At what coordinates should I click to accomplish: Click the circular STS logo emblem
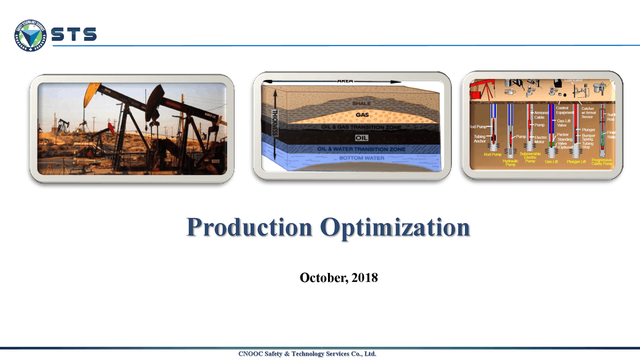tap(30, 35)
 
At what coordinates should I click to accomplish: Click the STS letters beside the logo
tap(74, 34)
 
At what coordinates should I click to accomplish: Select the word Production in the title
tap(249, 227)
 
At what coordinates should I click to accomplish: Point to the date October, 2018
tap(338, 277)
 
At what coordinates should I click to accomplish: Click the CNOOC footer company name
tap(307, 354)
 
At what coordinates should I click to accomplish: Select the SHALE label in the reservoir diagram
tap(361, 103)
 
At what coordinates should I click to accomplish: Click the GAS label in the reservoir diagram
tap(362, 115)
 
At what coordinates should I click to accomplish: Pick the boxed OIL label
tap(361, 138)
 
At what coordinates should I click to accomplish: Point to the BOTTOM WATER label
tap(361, 158)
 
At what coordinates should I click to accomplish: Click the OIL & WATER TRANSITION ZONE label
tap(361, 149)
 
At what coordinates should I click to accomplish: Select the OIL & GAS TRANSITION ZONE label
tap(361, 127)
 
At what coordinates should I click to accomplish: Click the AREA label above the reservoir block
tap(345, 80)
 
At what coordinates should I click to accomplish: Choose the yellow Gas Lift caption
tap(551, 162)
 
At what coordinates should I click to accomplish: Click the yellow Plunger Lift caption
tap(576, 162)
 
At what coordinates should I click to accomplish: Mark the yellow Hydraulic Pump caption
tap(510, 162)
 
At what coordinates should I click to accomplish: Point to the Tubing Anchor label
tap(479, 139)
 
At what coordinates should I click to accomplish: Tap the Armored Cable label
tap(541, 115)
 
